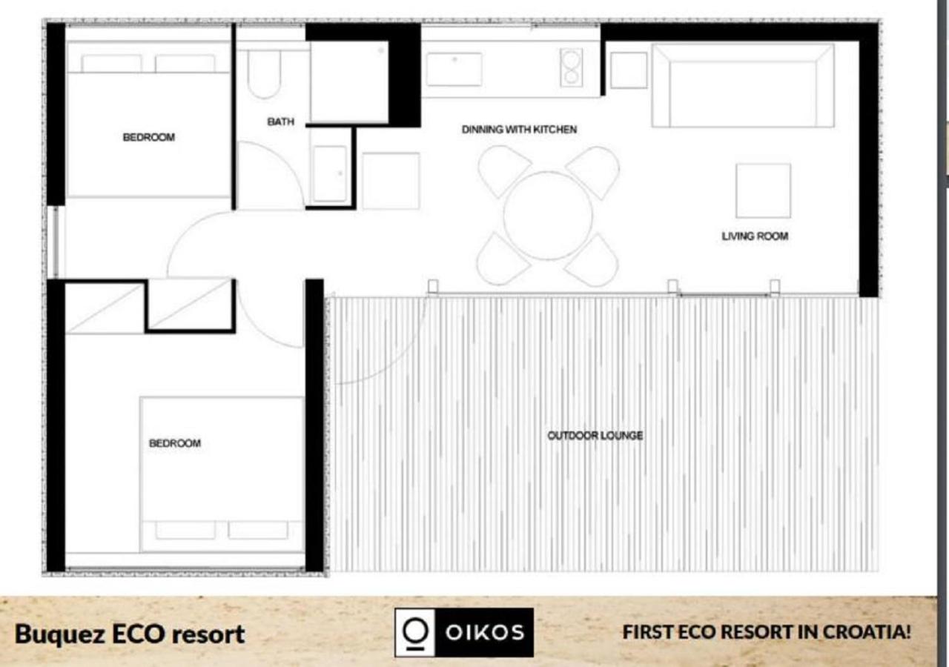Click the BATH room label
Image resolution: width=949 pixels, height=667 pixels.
pyautogui.click(x=280, y=122)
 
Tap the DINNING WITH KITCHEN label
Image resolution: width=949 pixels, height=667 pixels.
pyautogui.click(x=519, y=129)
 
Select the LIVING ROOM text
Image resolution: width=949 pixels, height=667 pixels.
pyautogui.click(x=755, y=236)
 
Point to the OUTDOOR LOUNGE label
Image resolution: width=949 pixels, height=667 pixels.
pyautogui.click(x=595, y=435)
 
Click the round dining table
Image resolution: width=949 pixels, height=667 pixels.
pyautogui.click(x=548, y=215)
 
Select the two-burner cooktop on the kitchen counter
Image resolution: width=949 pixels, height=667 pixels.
pyautogui.click(x=571, y=67)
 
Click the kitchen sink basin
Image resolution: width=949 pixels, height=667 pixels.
pyautogui.click(x=454, y=70)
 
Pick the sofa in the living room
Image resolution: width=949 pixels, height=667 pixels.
pyautogui.click(x=743, y=85)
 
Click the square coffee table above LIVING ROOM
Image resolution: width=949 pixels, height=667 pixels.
pyautogui.click(x=763, y=190)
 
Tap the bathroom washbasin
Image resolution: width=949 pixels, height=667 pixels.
pyautogui.click(x=330, y=173)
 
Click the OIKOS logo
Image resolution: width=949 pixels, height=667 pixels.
pyautogui.click(x=464, y=632)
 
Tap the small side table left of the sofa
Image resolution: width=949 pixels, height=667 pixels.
pyautogui.click(x=629, y=70)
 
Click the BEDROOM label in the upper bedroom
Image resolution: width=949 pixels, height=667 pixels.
pyautogui.click(x=149, y=137)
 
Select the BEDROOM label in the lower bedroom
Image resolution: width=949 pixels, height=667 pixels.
pyautogui.click(x=175, y=443)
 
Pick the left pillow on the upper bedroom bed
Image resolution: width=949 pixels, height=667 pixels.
pyautogui.click(x=111, y=64)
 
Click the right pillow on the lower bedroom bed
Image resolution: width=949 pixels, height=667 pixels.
pyautogui.click(x=258, y=530)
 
